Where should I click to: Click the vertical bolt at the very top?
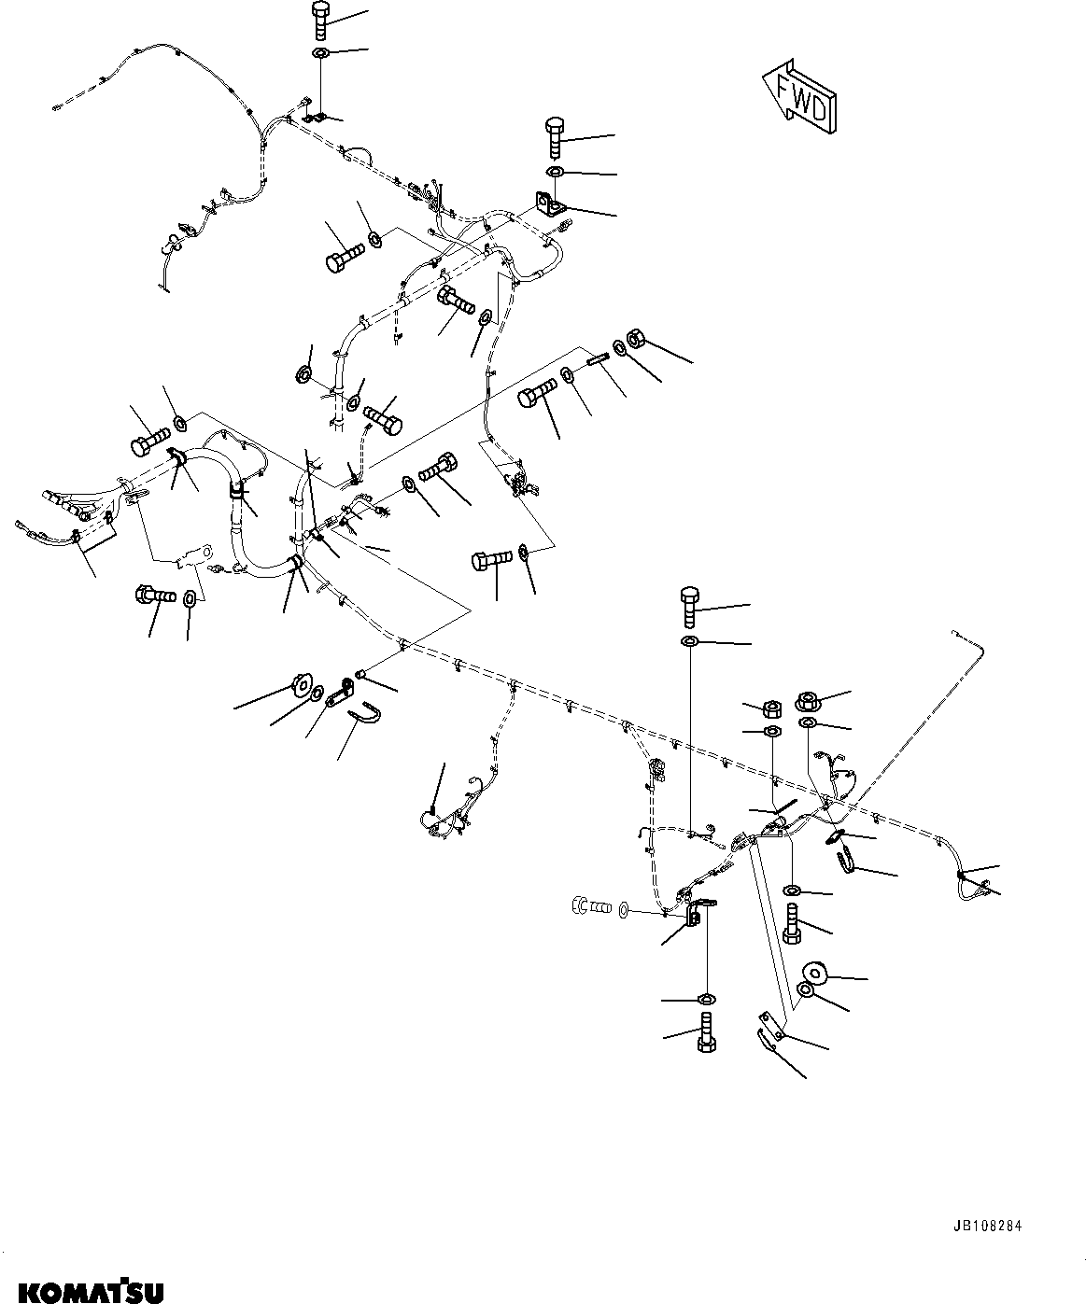click(319, 20)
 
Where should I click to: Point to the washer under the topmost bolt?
click(319, 52)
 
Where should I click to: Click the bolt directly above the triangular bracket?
click(552, 136)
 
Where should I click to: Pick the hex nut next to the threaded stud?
click(632, 337)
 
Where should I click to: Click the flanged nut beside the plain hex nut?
click(808, 700)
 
